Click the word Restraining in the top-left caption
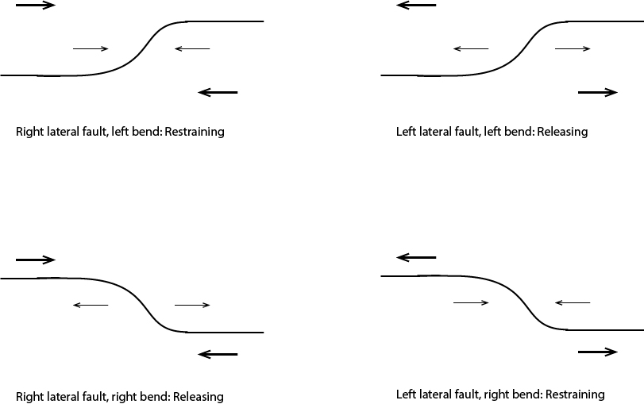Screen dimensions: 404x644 195,132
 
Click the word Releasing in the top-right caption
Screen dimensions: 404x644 562,132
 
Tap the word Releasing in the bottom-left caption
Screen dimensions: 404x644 196,396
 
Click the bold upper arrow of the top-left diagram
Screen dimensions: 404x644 36,5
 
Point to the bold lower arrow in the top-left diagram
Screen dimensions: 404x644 218,92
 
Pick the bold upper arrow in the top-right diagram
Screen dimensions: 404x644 416,5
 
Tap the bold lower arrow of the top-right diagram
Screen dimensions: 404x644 599,92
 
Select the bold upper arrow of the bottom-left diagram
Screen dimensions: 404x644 36,260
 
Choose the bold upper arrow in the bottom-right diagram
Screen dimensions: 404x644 416,257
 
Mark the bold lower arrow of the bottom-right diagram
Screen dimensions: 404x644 599,352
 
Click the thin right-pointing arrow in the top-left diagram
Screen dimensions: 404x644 91,49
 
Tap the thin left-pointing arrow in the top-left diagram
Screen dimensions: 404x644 191,49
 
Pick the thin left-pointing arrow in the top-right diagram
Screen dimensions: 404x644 471,49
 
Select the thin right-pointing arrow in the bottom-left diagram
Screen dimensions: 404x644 191,305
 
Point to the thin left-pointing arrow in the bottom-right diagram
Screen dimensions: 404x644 572,302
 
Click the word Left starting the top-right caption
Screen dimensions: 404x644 406,132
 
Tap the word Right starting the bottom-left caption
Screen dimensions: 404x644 29,396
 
